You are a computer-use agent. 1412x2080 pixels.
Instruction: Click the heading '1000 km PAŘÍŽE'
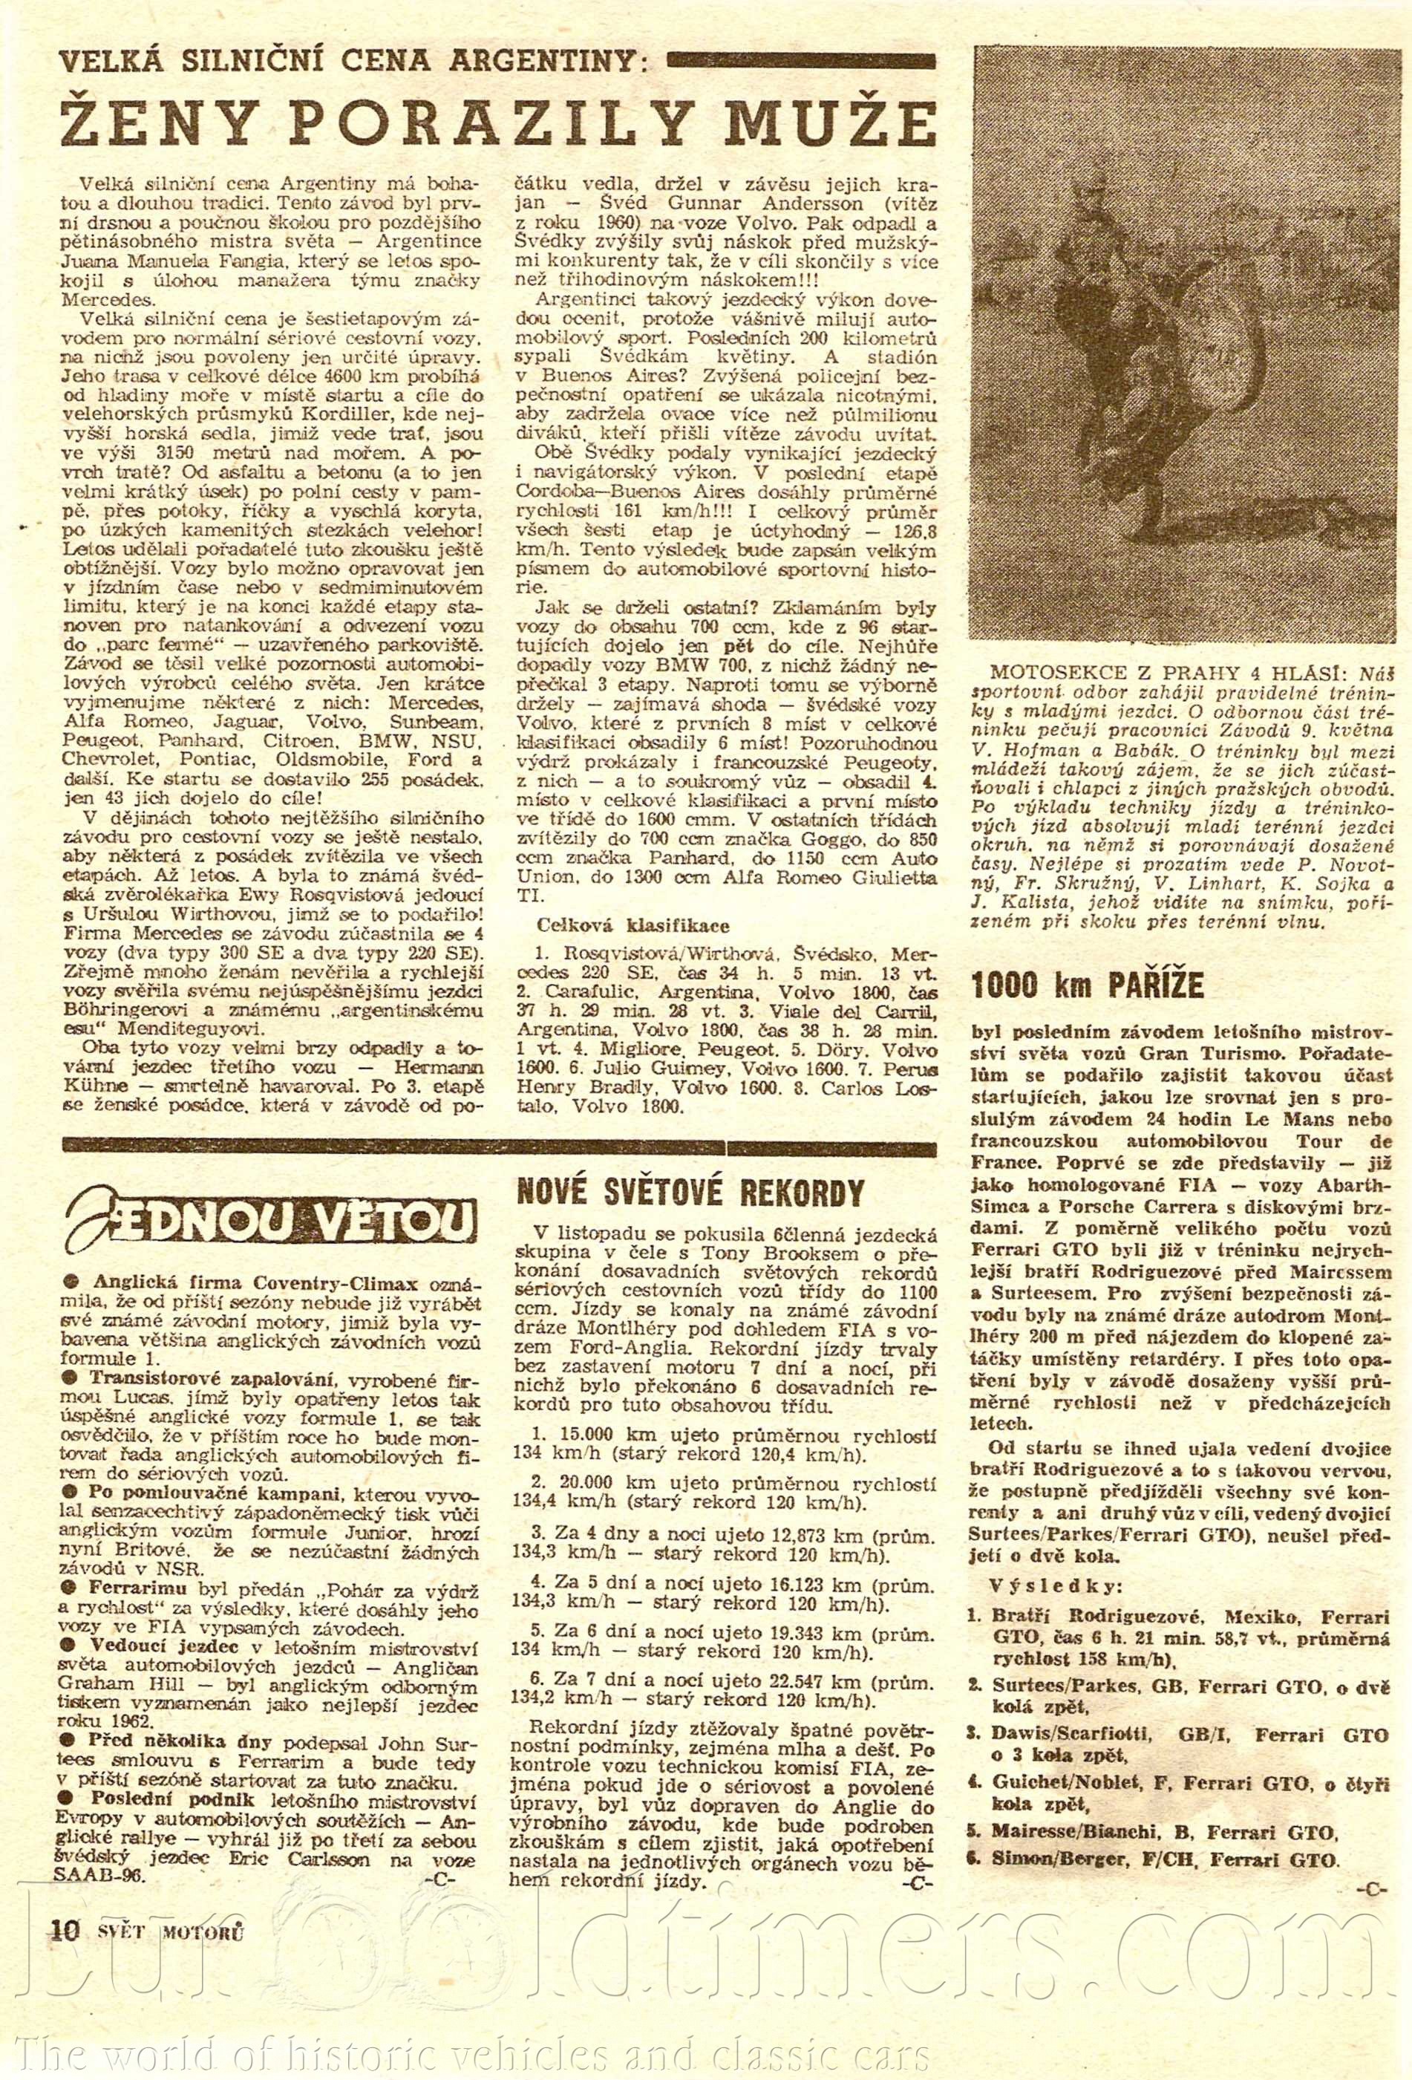pyautogui.click(x=1087, y=985)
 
